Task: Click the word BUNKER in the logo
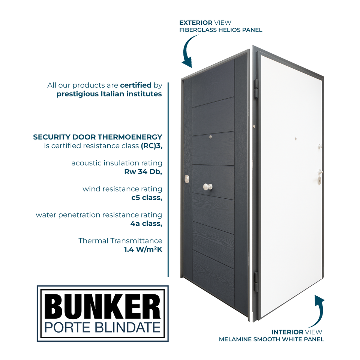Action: [102, 305]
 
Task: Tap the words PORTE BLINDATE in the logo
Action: [102, 327]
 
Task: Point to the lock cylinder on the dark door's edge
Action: [187, 180]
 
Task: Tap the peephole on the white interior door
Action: [295, 139]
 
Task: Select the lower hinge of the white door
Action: [256, 282]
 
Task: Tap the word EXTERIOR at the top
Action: [196, 23]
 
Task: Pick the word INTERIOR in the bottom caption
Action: [287, 332]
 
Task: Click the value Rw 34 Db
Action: [143, 172]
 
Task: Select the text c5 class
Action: [147, 198]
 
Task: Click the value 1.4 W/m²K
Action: [143, 249]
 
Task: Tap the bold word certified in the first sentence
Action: [135, 85]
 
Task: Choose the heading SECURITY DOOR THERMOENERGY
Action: [97, 137]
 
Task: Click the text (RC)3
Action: [151, 146]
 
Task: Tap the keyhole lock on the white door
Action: [319, 180]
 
